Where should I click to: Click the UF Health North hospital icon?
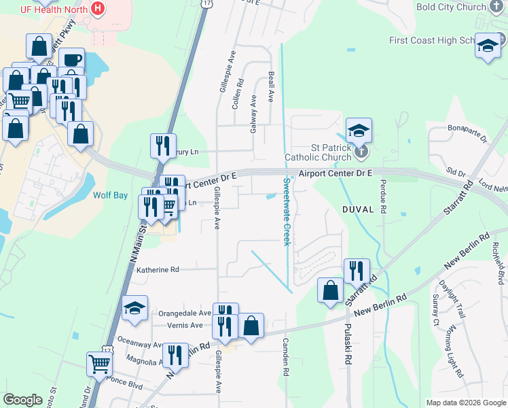(x=98, y=9)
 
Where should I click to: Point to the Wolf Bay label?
(x=110, y=195)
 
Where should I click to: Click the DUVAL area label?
(x=359, y=209)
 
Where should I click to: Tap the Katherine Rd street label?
(x=157, y=270)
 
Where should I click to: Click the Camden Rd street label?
(x=286, y=358)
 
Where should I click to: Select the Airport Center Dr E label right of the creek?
(x=335, y=173)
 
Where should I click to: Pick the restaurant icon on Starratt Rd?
(x=357, y=271)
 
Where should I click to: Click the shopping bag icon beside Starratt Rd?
(x=331, y=290)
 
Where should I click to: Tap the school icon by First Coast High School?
(x=487, y=46)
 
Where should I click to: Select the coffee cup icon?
(x=71, y=60)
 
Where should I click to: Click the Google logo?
(x=23, y=400)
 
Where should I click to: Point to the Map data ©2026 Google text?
(x=465, y=403)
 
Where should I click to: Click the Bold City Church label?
(x=451, y=7)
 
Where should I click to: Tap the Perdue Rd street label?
(x=382, y=203)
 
